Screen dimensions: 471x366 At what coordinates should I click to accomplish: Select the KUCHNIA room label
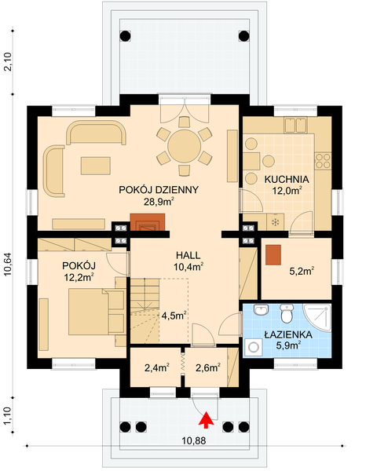pyautogui.click(x=287, y=179)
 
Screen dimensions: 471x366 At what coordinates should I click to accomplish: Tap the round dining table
pyautogui.click(x=182, y=144)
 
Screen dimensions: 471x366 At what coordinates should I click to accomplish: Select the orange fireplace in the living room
pyautogui.click(x=148, y=226)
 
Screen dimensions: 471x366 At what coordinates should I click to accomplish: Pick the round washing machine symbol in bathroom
pyautogui.click(x=254, y=345)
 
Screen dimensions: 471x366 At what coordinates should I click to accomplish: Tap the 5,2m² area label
pyautogui.click(x=302, y=272)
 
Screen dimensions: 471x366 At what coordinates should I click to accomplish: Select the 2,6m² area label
pyautogui.click(x=206, y=365)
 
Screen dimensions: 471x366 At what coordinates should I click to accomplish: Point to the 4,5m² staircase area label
pyautogui.click(x=173, y=316)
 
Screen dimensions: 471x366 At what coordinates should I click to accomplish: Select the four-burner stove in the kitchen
pyautogui.click(x=323, y=161)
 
